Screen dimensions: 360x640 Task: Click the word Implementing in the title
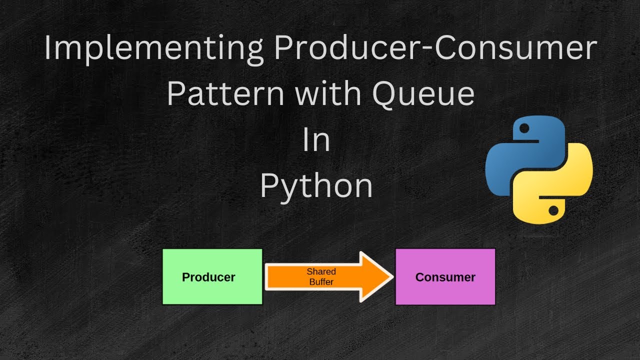point(152,49)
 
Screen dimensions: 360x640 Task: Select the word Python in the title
point(316,186)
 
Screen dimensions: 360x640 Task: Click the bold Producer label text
point(208,277)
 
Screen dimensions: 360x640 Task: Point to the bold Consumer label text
point(445,277)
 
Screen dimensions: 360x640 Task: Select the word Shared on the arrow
point(321,271)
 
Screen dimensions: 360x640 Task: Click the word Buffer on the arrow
point(321,281)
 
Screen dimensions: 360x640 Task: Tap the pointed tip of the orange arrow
point(390,277)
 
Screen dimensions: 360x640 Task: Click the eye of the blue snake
point(523,129)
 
